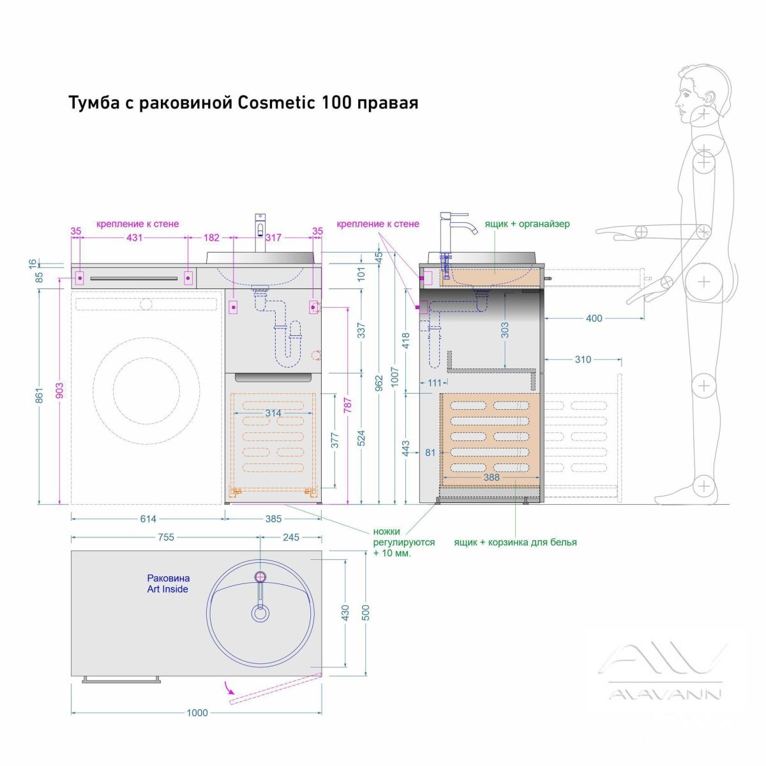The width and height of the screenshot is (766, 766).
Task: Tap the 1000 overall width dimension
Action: pos(197,712)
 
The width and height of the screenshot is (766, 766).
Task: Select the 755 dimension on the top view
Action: pos(166,537)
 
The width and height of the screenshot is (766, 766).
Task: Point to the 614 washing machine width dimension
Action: pos(148,519)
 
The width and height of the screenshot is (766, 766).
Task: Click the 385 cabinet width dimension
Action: pos(273,519)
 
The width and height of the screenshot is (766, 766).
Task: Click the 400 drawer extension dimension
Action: pos(594,318)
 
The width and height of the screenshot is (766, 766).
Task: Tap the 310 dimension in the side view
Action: pos(582,359)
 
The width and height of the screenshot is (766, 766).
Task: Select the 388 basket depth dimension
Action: pos(492,477)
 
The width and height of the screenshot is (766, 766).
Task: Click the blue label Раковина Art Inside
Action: pos(168,583)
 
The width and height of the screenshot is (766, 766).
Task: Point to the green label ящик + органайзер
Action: pos(527,224)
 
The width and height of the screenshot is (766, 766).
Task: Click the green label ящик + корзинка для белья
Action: pos(515,542)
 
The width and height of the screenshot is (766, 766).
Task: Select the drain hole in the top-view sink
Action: pos(260,613)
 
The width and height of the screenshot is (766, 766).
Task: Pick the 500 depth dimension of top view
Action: pos(365,612)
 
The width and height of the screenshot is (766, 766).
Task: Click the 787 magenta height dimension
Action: pos(347,407)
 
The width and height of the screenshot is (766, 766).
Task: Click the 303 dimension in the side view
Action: pos(505,329)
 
